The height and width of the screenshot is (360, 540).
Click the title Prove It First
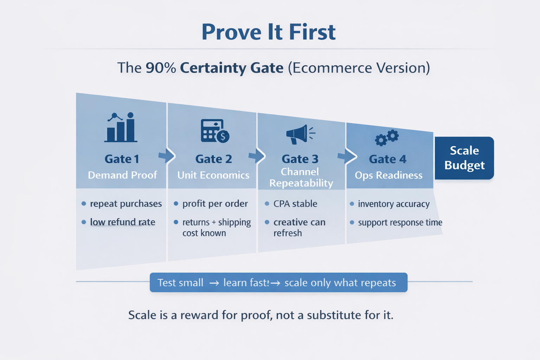(x=269, y=32)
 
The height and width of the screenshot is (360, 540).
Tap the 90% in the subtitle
(x=161, y=68)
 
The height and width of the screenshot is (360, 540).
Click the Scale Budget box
(x=464, y=158)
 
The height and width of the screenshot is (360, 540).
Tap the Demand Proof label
(x=122, y=175)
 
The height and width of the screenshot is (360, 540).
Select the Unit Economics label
(x=213, y=175)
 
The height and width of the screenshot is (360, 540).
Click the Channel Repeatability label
(x=301, y=178)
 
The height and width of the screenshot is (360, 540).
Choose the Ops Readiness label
(x=388, y=175)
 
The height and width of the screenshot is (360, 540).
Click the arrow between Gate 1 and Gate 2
(x=167, y=156)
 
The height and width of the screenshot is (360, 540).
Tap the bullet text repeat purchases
(x=126, y=204)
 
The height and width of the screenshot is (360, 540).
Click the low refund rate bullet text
(x=122, y=222)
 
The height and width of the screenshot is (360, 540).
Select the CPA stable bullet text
(x=295, y=204)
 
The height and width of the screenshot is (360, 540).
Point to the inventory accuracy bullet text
(x=394, y=204)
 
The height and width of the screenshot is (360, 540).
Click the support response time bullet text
(x=400, y=223)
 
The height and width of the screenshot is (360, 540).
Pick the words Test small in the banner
(x=180, y=283)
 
